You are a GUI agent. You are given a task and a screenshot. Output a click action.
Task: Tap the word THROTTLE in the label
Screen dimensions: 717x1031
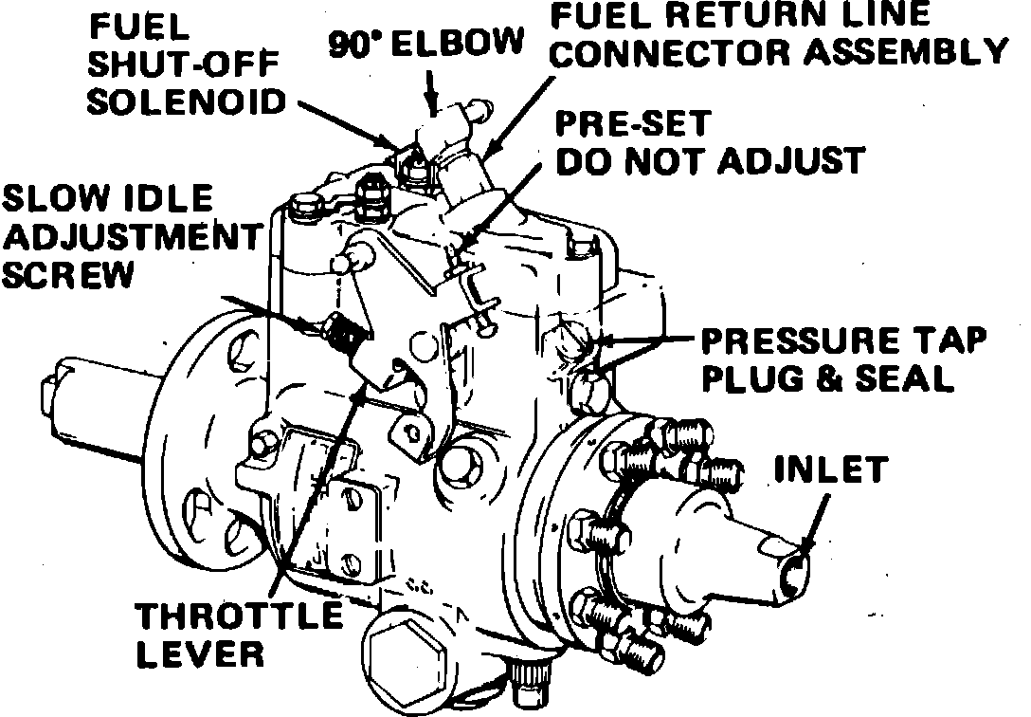click(x=240, y=617)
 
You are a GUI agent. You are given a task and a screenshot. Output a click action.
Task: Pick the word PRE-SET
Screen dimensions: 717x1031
click(x=633, y=125)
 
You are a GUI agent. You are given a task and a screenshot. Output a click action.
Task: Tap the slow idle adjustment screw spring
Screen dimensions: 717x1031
click(x=342, y=334)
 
